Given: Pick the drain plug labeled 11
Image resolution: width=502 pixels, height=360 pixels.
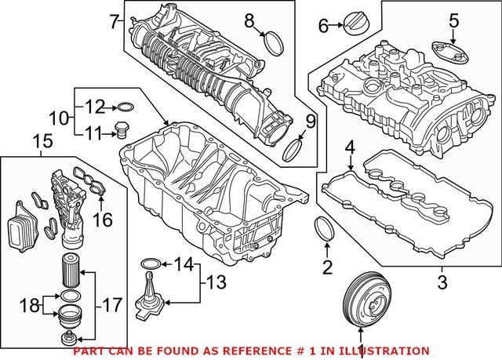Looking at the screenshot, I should [x=120, y=129].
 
